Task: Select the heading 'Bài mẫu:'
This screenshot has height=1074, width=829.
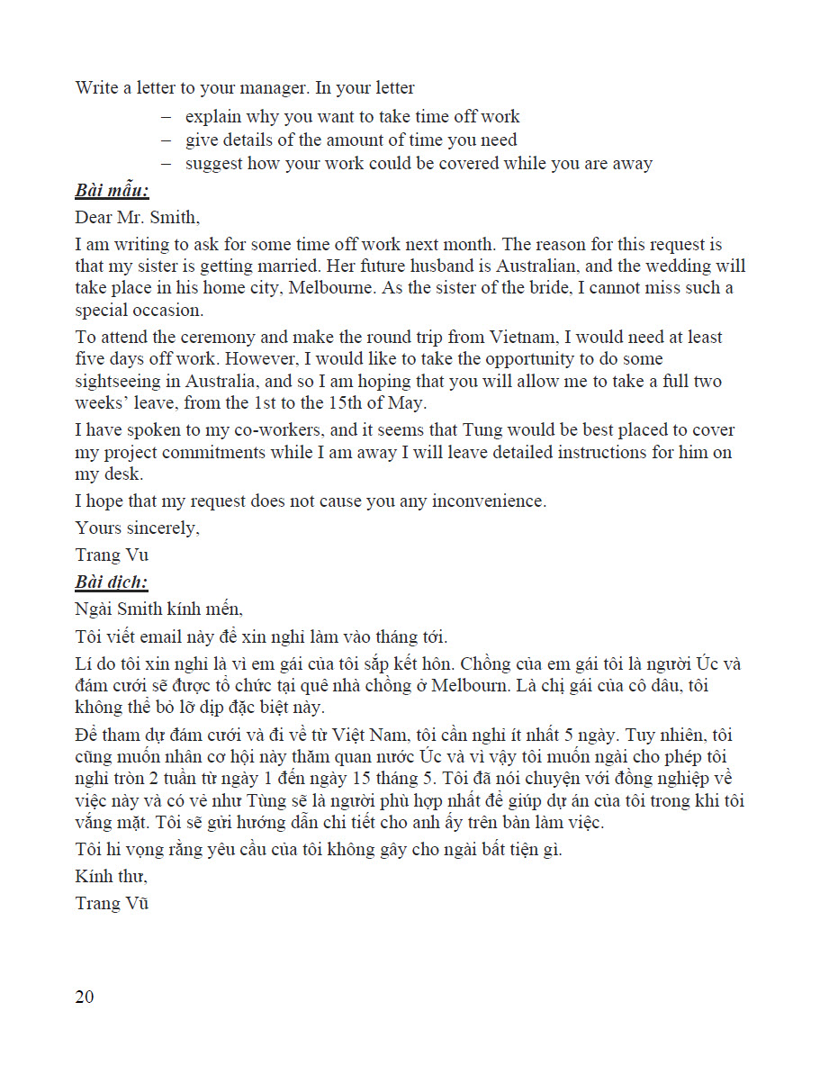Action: coord(112,191)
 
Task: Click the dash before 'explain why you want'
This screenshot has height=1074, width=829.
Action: coord(166,117)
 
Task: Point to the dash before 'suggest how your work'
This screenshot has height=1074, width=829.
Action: coord(166,164)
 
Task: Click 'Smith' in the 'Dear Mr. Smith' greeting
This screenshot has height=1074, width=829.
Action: coord(176,218)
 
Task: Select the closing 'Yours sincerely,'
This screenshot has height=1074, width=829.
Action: coord(137,528)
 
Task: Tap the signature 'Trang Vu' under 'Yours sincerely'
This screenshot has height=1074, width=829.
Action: coord(112,555)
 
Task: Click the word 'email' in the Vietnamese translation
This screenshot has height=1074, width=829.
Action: coord(163,637)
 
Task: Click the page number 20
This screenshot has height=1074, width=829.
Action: coord(85,997)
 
